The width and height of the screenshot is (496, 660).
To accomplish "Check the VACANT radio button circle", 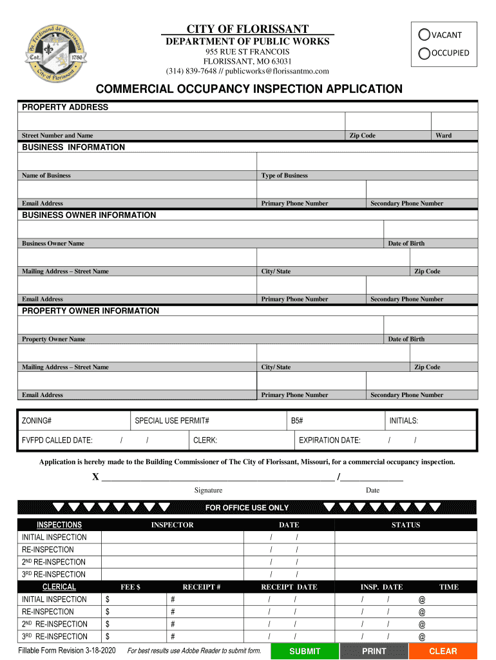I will tap(424, 35).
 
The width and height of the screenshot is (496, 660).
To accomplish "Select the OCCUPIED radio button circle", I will tap(424, 53).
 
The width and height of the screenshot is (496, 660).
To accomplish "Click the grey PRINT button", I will tap(374, 651).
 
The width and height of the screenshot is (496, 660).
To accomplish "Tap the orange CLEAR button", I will tap(443, 651).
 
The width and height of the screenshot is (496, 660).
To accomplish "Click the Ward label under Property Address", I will tap(443, 135).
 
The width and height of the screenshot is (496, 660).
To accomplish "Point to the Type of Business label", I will tap(284, 175).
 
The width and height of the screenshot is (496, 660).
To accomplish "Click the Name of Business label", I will tap(46, 175).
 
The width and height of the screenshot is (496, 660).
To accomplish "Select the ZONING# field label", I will tap(37, 421).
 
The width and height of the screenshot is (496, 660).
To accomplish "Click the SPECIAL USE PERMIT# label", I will tap(172, 421).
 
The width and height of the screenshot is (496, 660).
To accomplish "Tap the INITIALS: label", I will tap(404, 421).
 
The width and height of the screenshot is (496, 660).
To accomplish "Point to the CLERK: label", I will tap(205, 440).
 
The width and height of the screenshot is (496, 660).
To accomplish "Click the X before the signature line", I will tap(95, 477).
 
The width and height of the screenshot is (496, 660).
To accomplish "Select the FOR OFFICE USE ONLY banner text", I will tap(247, 508).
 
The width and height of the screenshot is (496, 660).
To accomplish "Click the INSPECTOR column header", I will tap(172, 525).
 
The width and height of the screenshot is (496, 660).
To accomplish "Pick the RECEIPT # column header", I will tap(202, 587).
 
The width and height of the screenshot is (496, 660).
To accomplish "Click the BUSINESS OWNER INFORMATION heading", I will tap(89, 215).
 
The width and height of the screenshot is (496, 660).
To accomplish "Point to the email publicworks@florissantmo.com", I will tap(277, 71).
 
